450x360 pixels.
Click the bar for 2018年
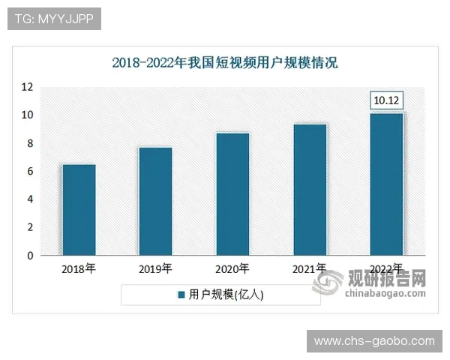79,210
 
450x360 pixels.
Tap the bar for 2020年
232,194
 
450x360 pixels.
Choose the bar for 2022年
387,184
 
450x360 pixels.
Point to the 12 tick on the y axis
27,87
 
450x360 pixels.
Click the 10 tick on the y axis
27,115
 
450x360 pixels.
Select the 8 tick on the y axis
30,143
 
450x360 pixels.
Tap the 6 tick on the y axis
30,172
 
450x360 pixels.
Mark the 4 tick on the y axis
30,199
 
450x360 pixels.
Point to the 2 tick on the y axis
30,228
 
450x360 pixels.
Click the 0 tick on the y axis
30,256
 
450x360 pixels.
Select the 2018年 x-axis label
79,268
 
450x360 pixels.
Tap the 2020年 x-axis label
232,268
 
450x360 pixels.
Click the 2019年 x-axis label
156,268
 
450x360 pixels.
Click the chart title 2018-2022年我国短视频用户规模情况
225,62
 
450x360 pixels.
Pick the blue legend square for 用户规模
181,295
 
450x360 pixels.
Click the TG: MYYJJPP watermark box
53,19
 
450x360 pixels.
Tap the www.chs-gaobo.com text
374,341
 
